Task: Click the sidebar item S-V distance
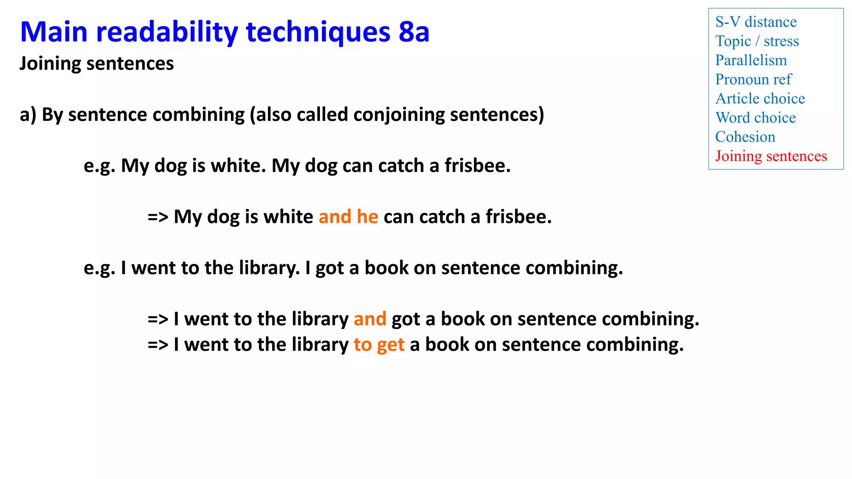[x=755, y=22]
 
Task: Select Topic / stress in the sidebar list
[x=757, y=41]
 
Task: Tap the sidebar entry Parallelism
[x=751, y=60]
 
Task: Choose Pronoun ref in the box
[x=753, y=79]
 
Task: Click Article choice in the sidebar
[x=760, y=99]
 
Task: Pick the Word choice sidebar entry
[x=755, y=118]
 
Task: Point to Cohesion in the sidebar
[x=745, y=137]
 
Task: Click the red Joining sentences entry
[x=771, y=156]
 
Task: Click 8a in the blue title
[x=414, y=32]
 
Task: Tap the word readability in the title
[x=167, y=32]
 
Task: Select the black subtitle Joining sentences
[x=97, y=64]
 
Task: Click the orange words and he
[x=348, y=217]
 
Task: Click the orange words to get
[x=379, y=345]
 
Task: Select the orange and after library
[x=370, y=319]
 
